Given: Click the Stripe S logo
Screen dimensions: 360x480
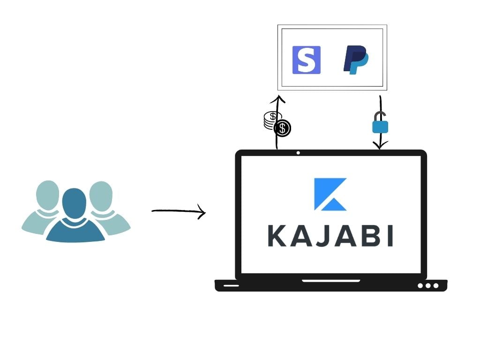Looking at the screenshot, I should (307, 60).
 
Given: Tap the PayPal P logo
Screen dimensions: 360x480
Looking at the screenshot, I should (356, 60).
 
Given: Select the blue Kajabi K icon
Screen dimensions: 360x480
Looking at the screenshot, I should (330, 194).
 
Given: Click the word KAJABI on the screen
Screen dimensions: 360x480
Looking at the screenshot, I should (330, 236).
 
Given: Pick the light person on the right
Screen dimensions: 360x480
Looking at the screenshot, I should (107, 206).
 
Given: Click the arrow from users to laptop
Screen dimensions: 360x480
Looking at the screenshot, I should (179, 211).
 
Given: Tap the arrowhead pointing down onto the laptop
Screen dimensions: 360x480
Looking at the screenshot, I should (380, 146).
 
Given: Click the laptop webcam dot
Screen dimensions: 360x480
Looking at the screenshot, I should (298, 153).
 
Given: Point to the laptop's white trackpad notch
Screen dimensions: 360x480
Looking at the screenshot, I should (331, 281).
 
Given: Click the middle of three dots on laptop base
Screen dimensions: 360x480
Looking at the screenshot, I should (428, 285).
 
